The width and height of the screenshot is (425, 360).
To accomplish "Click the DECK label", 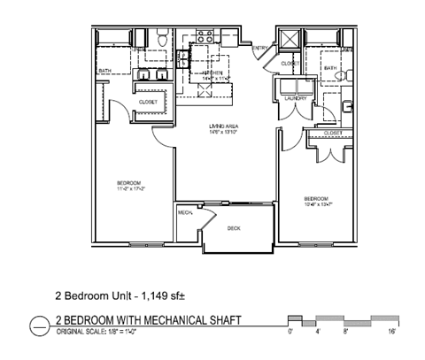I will tap(234, 228).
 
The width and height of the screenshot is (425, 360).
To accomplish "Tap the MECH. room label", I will tap(185, 213).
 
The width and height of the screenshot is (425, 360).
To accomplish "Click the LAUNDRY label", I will tap(295, 98).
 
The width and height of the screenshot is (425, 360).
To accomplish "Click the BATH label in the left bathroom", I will tap(104, 72).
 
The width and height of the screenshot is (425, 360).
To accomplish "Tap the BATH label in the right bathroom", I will tap(329, 68).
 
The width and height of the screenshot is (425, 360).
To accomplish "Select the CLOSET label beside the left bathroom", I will tap(148, 102).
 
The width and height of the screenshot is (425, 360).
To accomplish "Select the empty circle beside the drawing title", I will tap(40, 325).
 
